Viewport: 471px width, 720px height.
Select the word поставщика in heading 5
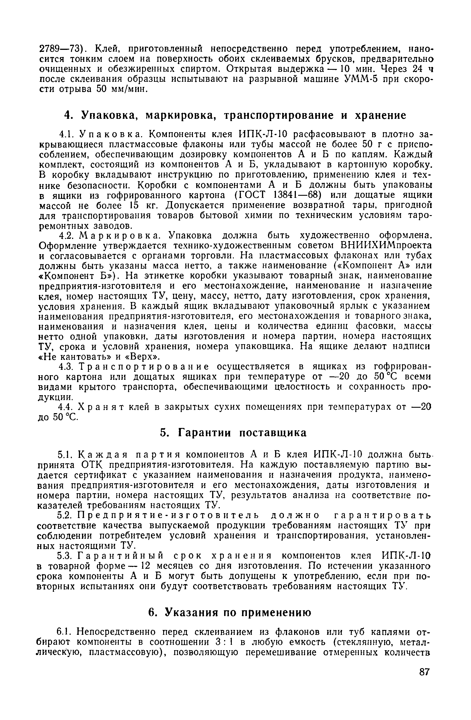tap(273, 433)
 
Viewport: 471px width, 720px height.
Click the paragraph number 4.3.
tap(65, 367)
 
